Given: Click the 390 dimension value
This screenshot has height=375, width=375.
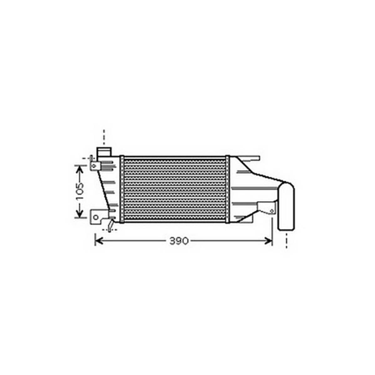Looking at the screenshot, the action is click(179, 241).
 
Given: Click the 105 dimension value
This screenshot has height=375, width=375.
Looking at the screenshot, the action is click(80, 191).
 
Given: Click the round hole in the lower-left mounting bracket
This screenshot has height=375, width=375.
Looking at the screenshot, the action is click(96, 218).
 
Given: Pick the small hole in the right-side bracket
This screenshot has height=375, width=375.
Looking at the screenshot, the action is click(272, 211).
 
